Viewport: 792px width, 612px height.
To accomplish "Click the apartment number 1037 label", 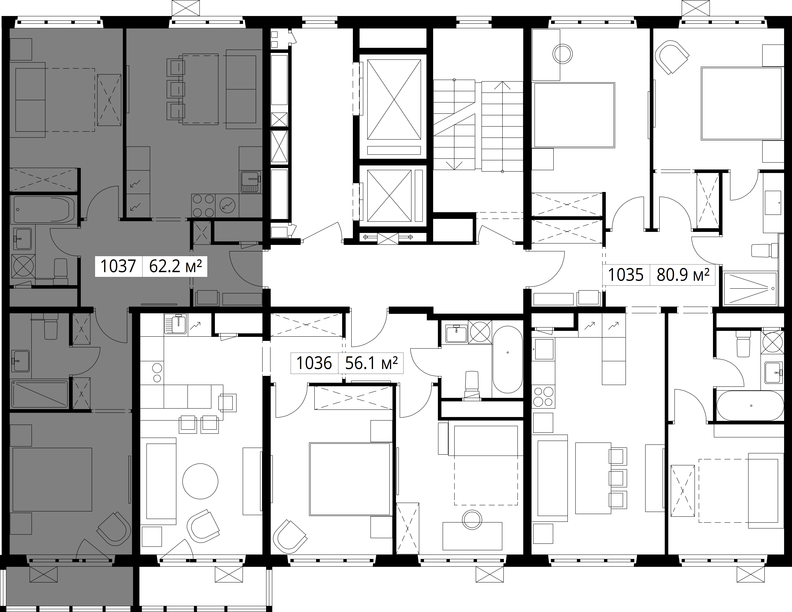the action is pos(118,266).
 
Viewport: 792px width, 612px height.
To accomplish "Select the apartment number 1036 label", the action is pos(314,363).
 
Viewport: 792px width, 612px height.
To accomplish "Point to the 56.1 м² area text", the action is pos(371,363).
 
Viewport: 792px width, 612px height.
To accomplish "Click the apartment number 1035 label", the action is pos(626,275).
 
